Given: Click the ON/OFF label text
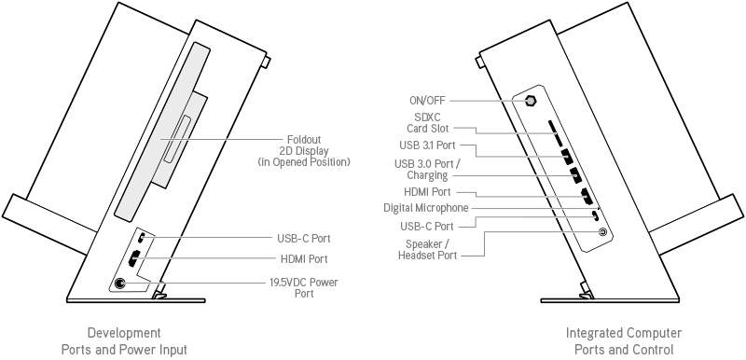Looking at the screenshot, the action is click(x=428, y=101).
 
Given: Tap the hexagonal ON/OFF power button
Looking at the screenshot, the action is click(x=531, y=101).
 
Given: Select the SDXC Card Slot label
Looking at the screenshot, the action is click(x=428, y=123).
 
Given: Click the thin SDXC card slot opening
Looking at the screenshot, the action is click(x=554, y=133).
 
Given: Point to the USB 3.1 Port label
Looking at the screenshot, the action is click(x=429, y=145).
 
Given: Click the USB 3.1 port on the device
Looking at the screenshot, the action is click(x=566, y=157).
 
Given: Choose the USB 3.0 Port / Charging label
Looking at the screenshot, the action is click(x=427, y=170).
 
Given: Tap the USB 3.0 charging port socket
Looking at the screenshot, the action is click(x=575, y=175).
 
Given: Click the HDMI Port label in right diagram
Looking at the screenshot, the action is click(x=427, y=192).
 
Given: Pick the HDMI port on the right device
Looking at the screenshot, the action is click(x=587, y=197).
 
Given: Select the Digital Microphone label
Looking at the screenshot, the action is click(x=426, y=208).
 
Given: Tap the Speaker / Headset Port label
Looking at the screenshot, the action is click(x=427, y=250).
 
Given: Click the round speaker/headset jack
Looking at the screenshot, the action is click(x=602, y=232).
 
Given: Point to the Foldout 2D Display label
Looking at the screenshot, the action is click(x=304, y=151).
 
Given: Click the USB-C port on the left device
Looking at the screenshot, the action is click(x=143, y=237).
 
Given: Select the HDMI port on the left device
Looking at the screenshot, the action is click(x=134, y=258).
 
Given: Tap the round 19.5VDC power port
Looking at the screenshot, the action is click(x=120, y=284).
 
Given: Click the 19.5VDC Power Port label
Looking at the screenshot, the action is click(x=304, y=287).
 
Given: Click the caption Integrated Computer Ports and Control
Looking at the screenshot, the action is click(x=624, y=341).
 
